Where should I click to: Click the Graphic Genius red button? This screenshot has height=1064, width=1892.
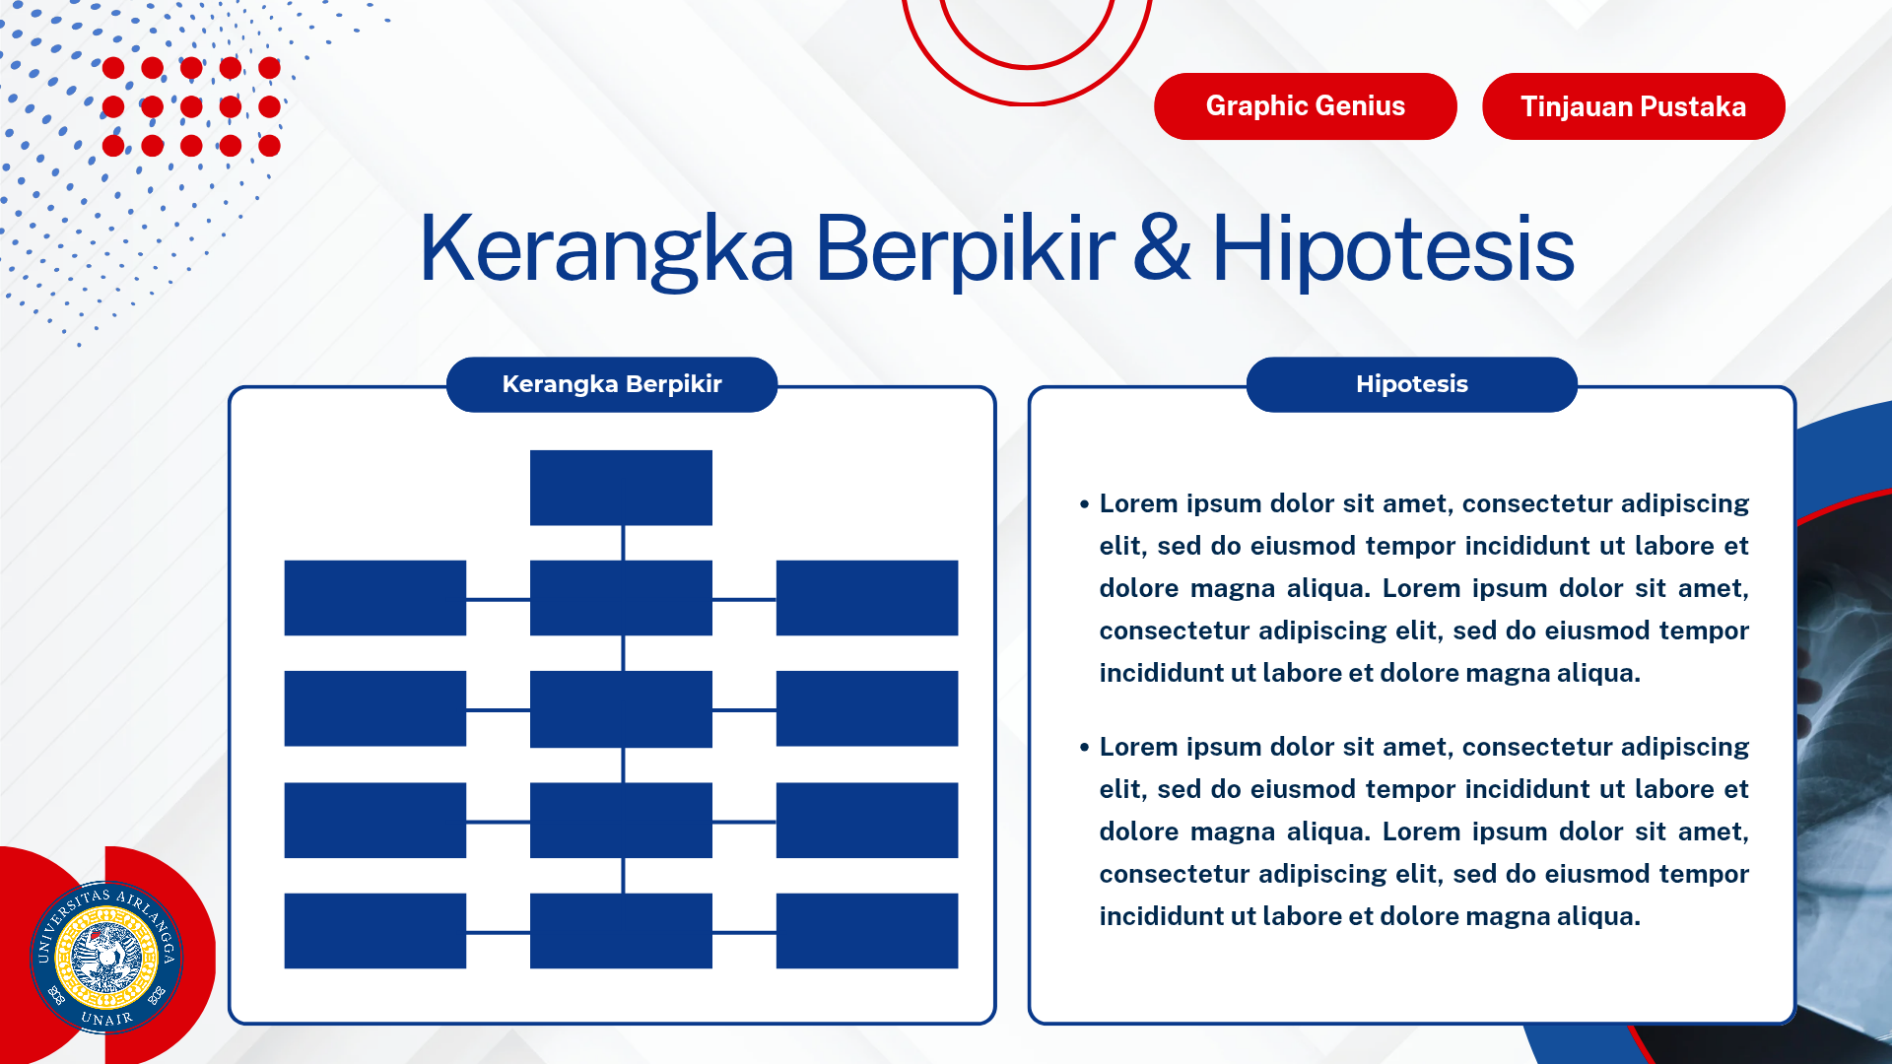[1305, 106]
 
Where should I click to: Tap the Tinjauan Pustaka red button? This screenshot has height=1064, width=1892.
[1633, 106]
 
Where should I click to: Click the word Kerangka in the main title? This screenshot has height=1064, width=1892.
[606, 249]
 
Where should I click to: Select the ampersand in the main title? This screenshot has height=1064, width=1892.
[1162, 249]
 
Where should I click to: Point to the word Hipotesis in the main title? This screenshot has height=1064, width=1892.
[1391, 249]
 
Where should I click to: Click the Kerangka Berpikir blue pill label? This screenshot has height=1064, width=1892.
[611, 384]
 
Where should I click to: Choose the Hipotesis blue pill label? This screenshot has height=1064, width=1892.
[1411, 384]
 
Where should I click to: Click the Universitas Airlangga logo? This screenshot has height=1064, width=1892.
[106, 957]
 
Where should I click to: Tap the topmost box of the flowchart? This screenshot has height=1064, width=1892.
[621, 488]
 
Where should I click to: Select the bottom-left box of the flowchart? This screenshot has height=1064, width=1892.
[374, 931]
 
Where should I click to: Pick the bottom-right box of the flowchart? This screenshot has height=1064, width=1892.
[866, 931]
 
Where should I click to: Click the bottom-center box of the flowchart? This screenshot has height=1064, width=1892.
[621, 931]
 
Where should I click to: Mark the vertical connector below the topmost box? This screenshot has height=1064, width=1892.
[623, 543]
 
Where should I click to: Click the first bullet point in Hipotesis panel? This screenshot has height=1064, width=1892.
[1084, 504]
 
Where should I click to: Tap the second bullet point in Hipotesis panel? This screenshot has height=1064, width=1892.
[1084, 748]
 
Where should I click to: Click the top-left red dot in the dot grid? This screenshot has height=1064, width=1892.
[113, 68]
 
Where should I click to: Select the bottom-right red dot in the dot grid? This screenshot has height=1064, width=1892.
[269, 146]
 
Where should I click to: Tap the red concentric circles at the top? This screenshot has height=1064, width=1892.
[1027, 39]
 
